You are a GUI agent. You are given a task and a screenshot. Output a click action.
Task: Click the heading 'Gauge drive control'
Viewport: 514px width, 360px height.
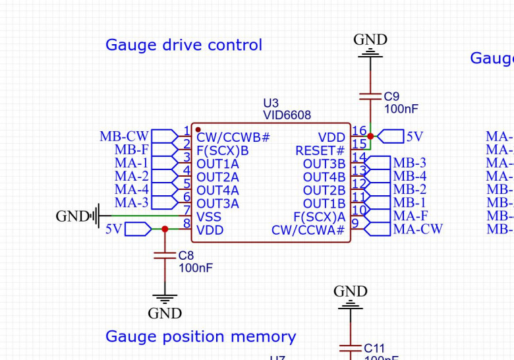183,45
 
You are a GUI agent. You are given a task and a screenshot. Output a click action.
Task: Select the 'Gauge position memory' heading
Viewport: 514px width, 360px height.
200,337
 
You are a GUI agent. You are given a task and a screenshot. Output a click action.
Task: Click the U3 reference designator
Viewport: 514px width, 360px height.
271,103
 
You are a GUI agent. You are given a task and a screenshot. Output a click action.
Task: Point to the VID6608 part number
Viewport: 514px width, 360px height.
287,115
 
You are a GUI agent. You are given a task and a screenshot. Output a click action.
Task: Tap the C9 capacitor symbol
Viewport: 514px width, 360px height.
370,96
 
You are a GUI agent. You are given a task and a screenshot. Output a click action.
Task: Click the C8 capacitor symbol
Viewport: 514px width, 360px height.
164,255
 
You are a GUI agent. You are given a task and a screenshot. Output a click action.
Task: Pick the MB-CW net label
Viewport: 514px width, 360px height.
124,136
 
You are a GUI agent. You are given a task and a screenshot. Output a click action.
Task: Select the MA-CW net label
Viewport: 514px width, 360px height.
418,229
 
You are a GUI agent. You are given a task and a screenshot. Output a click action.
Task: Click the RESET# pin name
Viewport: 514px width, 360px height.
320,151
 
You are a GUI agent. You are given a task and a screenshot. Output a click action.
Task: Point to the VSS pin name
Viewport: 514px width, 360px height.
209,217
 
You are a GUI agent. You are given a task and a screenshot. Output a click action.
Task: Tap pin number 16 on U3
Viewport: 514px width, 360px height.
359,131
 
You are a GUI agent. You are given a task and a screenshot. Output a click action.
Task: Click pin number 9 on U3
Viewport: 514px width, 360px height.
356,224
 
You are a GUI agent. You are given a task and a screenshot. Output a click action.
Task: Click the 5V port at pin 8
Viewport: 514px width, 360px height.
137,229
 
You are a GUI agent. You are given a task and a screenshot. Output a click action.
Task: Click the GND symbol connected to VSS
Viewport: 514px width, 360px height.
96,216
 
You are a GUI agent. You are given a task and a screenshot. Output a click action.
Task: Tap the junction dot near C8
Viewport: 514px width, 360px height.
164,229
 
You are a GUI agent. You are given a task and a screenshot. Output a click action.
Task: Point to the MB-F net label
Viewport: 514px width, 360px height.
131,150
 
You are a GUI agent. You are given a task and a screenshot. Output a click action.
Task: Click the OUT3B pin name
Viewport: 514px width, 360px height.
324,164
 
